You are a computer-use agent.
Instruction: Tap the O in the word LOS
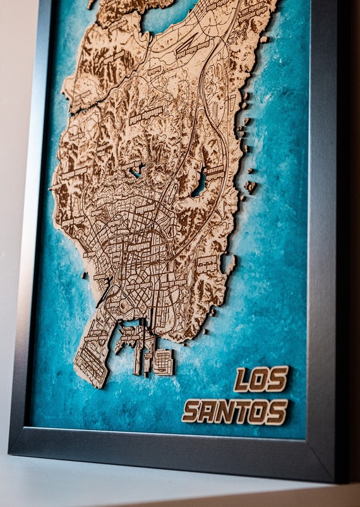[260, 379]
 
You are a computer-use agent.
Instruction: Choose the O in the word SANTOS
[258, 412]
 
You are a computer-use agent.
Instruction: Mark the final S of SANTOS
[277, 411]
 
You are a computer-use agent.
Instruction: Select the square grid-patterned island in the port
[162, 362]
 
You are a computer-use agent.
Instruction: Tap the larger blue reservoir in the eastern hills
[200, 183]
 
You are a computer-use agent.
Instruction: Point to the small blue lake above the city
[136, 170]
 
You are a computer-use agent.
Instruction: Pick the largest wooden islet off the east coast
[251, 186]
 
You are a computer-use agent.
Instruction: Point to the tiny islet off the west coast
[84, 276]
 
